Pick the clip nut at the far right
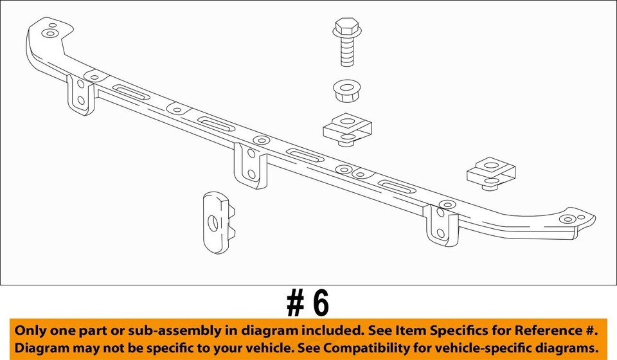click(492, 172)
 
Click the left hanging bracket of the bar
click(80, 94)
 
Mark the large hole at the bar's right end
click(566, 219)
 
